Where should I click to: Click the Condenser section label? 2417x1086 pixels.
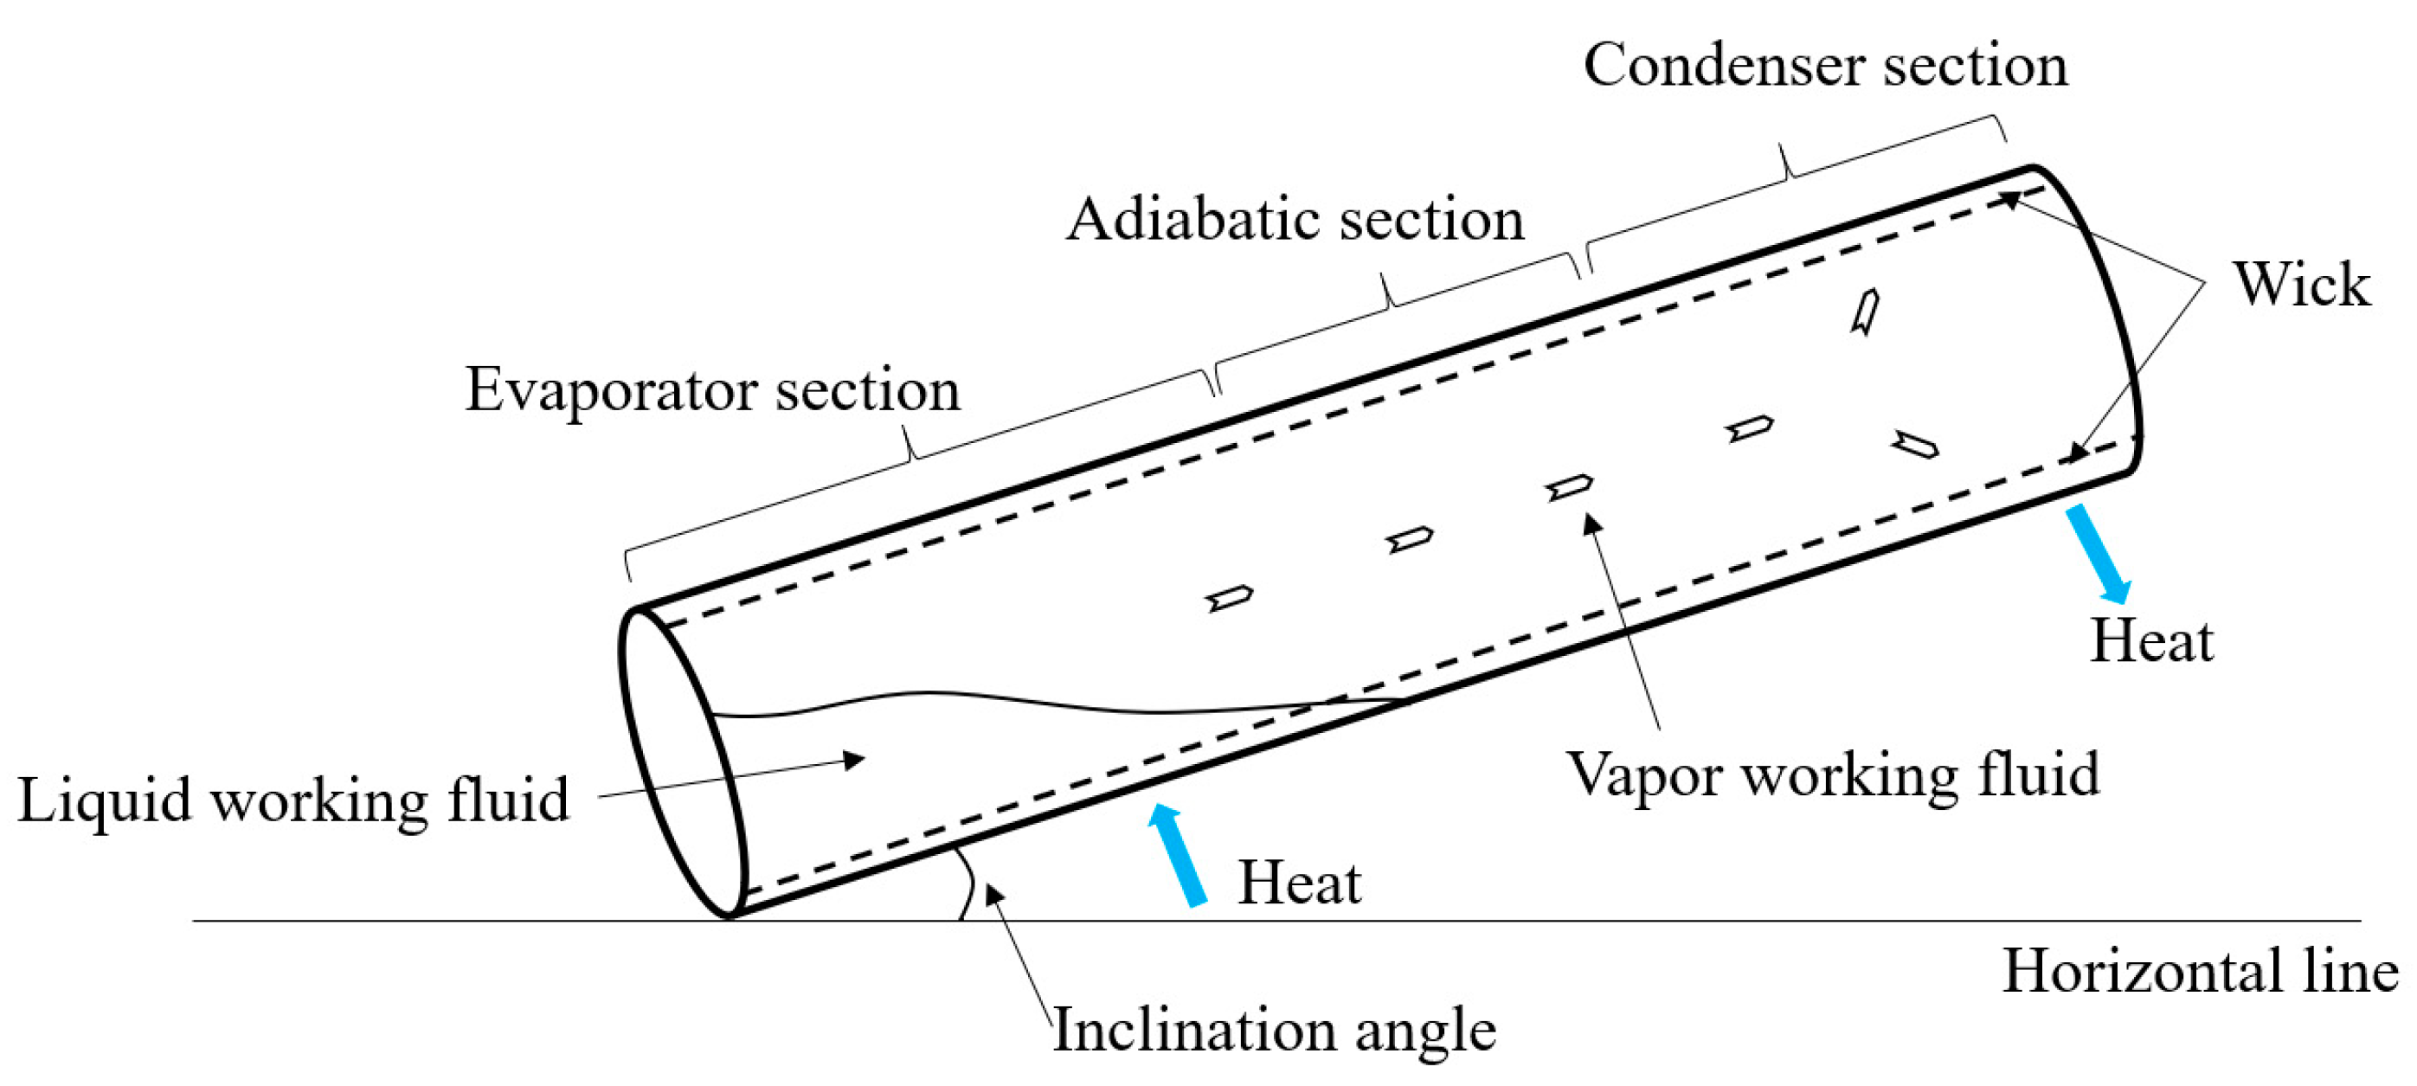click(x=1825, y=66)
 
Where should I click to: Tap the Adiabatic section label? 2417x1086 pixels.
click(x=1295, y=221)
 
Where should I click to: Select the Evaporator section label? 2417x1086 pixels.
click(x=713, y=390)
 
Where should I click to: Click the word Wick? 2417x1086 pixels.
click(x=2301, y=284)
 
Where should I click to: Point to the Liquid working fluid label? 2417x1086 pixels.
click(x=292, y=800)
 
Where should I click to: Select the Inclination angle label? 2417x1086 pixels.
click(x=1274, y=1031)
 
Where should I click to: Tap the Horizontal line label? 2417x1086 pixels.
click(x=2201, y=971)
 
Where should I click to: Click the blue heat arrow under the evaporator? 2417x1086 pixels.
click(x=1179, y=854)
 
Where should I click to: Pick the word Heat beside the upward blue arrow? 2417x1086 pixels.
click(x=1300, y=884)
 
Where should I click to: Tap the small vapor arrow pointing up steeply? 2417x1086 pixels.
click(x=1865, y=312)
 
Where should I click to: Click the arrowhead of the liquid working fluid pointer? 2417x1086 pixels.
click(x=854, y=760)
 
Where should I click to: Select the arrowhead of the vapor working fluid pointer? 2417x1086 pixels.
click(x=1591, y=522)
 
